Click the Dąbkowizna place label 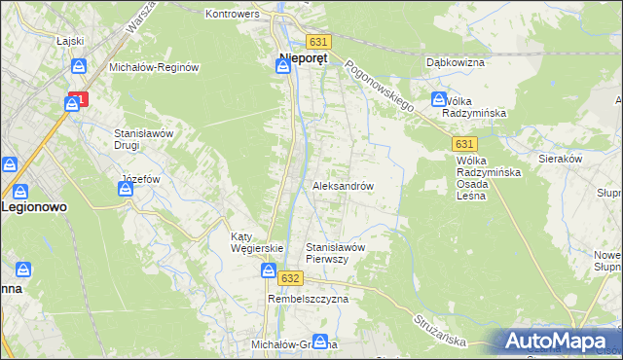454,62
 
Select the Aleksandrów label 343,185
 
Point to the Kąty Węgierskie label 256,242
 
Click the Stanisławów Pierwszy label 335,253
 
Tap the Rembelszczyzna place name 308,300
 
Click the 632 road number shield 289,277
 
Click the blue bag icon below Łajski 82,66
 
